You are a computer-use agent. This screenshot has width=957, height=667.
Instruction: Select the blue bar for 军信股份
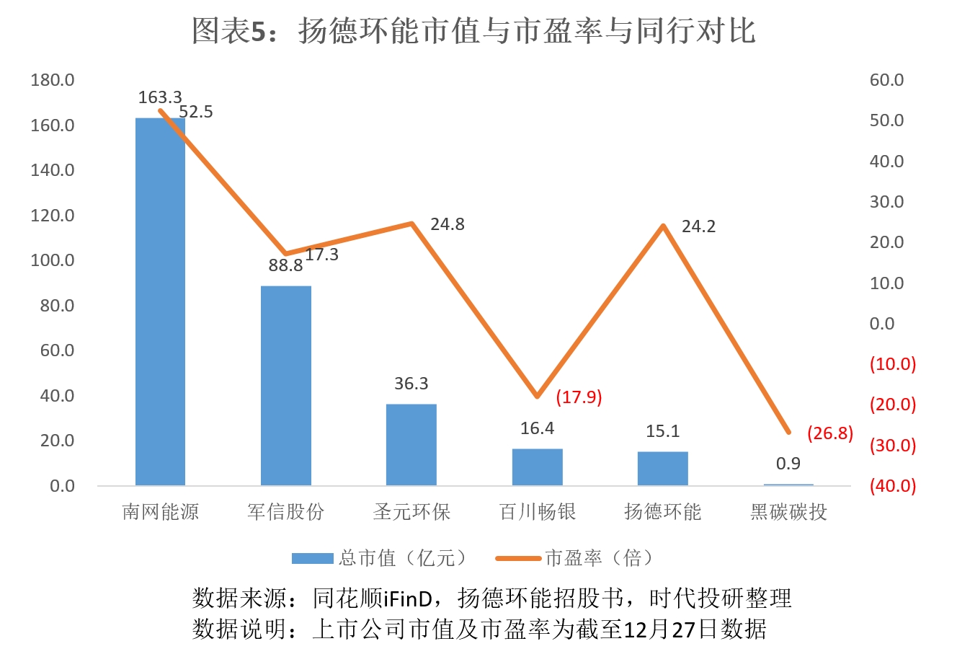click(286, 386)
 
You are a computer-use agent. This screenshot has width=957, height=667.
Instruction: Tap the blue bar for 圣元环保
click(411, 444)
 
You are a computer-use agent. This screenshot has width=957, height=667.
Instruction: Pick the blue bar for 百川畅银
click(537, 467)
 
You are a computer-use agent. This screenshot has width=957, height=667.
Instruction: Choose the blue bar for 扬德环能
click(663, 468)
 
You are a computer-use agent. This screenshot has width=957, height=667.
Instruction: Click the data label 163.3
click(160, 97)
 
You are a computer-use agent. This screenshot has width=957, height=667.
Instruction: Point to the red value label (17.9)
click(579, 397)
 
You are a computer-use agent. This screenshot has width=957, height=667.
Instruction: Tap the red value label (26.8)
click(829, 433)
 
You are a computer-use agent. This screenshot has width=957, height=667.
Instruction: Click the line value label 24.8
click(448, 225)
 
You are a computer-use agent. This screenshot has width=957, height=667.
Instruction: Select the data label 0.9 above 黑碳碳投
click(788, 464)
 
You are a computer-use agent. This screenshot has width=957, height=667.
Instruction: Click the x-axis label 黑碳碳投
click(788, 512)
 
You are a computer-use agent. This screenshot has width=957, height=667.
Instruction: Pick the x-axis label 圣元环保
click(411, 512)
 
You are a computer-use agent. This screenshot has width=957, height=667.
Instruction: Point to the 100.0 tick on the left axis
click(53, 260)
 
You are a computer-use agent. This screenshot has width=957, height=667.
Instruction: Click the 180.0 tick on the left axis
click(53, 80)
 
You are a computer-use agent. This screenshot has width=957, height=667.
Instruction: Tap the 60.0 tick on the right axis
click(886, 80)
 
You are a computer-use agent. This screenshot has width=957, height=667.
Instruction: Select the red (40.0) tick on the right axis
click(892, 486)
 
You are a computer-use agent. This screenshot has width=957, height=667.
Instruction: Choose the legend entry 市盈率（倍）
click(598, 558)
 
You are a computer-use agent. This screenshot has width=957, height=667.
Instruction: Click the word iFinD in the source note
click(407, 598)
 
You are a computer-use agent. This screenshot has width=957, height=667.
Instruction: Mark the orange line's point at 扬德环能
click(663, 226)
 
